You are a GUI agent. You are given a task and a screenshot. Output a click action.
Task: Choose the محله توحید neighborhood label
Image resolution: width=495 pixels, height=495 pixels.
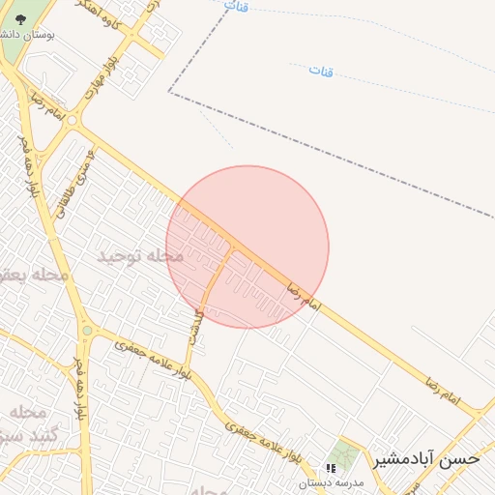[x=140, y=256]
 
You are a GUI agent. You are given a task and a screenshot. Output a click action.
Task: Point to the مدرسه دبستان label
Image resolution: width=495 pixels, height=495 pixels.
[x=329, y=482]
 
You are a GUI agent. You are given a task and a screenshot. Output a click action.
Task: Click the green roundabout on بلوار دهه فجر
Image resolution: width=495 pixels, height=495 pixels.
[x=87, y=332]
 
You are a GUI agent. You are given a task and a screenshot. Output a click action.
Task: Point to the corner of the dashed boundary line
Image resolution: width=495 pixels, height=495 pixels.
[x=169, y=93]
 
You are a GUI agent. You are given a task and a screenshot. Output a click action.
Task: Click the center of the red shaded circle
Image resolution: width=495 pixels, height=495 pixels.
[x=247, y=247]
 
